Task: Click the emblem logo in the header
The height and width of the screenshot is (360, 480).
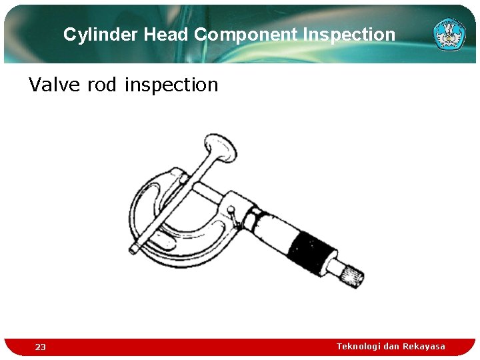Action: (x=449, y=33)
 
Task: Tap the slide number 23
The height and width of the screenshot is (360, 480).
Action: (x=41, y=347)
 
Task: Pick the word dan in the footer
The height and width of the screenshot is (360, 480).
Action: (x=391, y=346)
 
